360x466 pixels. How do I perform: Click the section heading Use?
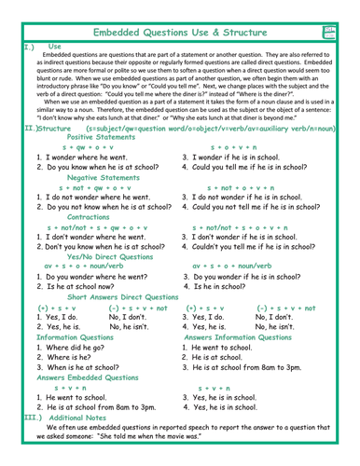55,45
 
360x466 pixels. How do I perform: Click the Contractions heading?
90,215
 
